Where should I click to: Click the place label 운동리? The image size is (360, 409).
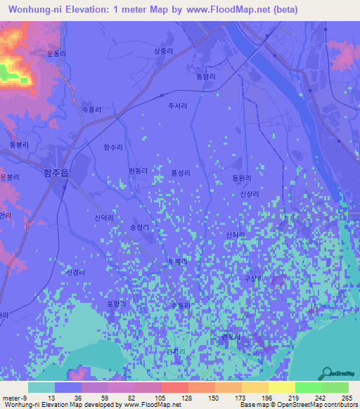(x=56, y=53)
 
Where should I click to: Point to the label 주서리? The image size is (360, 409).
(x=177, y=106)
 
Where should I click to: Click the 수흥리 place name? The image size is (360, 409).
(x=91, y=110)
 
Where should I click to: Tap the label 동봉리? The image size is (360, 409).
(x=19, y=145)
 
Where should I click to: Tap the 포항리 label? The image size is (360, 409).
(x=115, y=304)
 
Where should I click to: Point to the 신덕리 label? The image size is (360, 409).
(x=104, y=219)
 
